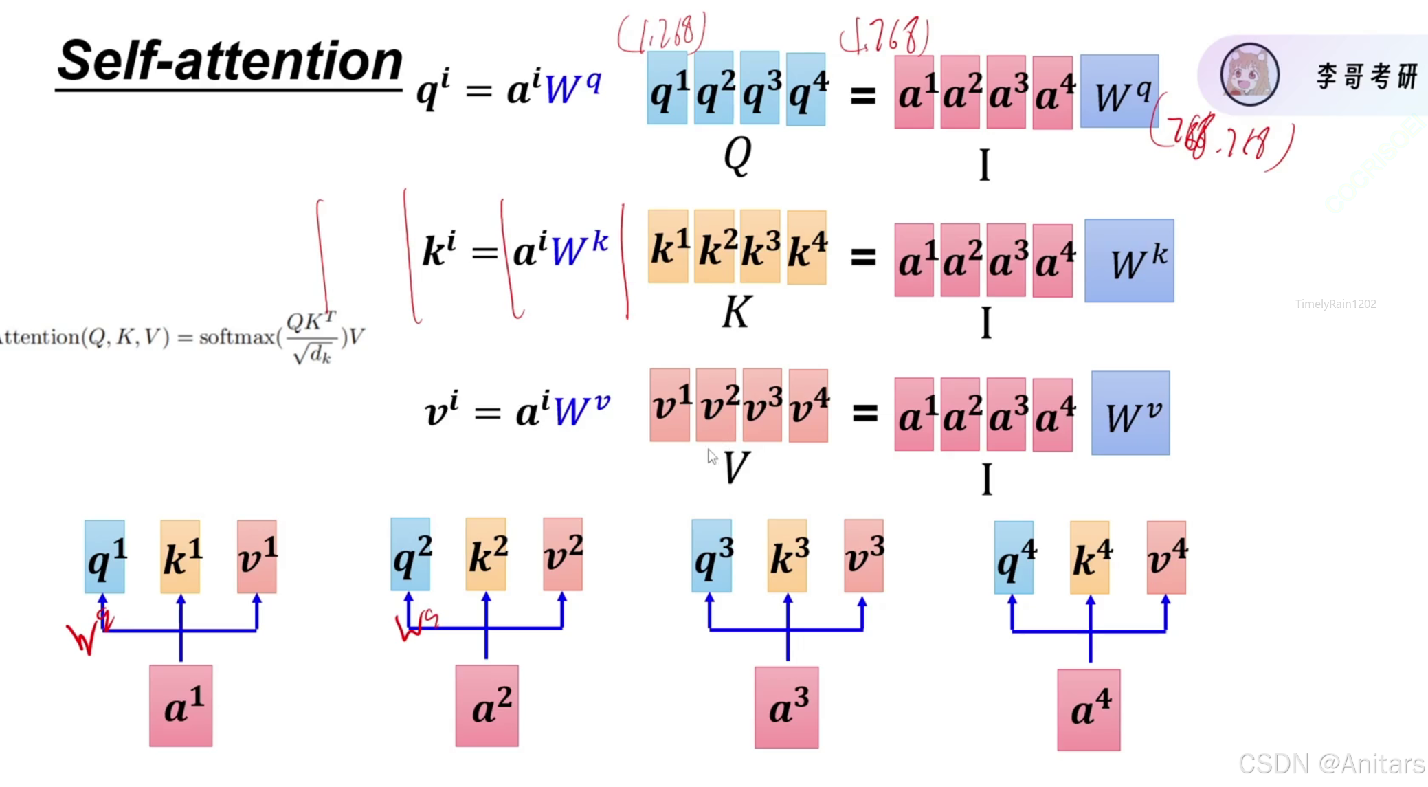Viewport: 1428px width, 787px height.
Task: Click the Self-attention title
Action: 230,62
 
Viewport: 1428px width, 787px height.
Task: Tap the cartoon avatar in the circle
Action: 1249,75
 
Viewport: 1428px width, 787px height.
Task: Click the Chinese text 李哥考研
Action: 1366,76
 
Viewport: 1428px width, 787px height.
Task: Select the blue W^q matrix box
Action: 1119,91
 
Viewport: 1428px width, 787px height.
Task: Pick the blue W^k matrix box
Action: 1129,261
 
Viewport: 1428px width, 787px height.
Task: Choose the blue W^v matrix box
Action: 1130,413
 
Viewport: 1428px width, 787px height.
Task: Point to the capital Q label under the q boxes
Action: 737,155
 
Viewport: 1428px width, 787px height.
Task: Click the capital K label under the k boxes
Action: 736,313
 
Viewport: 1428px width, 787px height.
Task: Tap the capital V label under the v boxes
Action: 736,468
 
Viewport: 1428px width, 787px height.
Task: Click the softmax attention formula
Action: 182,337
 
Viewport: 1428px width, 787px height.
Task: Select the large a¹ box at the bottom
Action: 181,705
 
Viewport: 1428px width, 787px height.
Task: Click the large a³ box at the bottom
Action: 786,707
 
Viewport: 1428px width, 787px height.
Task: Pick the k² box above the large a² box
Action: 486,555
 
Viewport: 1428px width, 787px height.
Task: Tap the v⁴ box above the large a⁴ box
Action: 1165,557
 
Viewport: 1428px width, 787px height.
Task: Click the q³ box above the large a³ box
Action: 711,556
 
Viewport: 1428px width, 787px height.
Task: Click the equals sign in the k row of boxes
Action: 863,257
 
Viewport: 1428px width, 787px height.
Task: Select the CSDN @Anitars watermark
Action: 1331,764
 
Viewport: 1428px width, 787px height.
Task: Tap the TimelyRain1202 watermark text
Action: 1335,304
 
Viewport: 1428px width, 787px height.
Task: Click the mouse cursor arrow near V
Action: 712,457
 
